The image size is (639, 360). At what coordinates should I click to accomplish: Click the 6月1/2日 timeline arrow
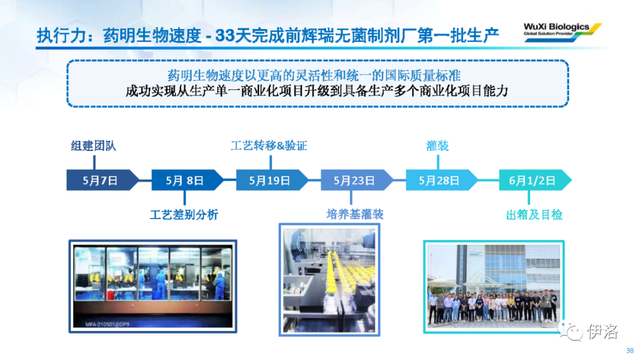[x=535, y=180]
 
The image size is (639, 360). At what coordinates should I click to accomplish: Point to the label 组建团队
[x=93, y=146]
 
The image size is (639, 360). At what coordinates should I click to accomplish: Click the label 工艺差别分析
[x=184, y=214]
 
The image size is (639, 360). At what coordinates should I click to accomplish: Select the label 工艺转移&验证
[x=269, y=146]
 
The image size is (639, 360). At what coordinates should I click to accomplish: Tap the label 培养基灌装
[x=355, y=214]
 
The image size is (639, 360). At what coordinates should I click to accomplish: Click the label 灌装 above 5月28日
[x=438, y=146]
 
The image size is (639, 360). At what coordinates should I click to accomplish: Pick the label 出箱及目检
[x=534, y=214]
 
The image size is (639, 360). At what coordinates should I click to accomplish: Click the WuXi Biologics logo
[x=562, y=30]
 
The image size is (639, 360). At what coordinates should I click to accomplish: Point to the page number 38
[x=630, y=351]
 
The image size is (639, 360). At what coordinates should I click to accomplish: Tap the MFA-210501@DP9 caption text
[x=107, y=324]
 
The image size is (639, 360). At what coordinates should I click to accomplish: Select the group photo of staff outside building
[x=494, y=287]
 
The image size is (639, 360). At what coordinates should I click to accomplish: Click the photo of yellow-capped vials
[x=330, y=279]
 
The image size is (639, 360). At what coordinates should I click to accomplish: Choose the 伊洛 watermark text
[x=603, y=331]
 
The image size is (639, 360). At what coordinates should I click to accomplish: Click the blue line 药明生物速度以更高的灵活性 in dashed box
[x=314, y=75]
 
